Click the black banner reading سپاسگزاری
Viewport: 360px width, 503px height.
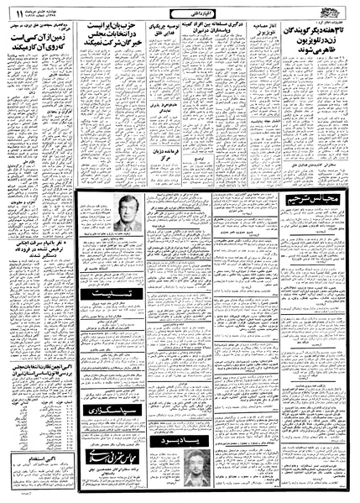click(x=100, y=409)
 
